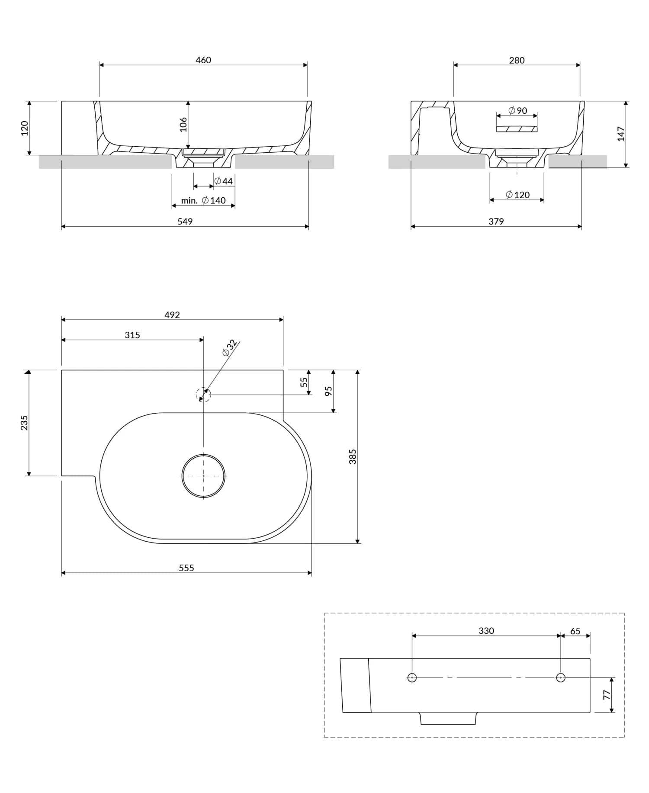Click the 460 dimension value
(x=203, y=60)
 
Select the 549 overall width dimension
(x=185, y=222)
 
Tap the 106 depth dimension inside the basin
(x=183, y=125)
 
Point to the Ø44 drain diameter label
(x=224, y=181)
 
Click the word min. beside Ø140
(x=189, y=200)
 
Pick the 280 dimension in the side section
(x=517, y=60)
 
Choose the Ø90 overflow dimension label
(x=517, y=111)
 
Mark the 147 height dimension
(x=621, y=134)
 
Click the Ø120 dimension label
(x=517, y=195)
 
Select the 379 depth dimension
(x=496, y=222)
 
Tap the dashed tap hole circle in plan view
(x=203, y=395)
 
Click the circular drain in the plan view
(x=203, y=476)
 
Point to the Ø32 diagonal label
(x=229, y=348)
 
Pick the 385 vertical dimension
(x=353, y=456)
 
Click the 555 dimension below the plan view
(x=186, y=568)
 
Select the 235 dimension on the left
(x=24, y=423)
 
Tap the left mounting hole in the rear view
(x=412, y=677)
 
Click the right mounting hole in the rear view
(x=561, y=677)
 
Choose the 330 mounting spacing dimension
(x=486, y=631)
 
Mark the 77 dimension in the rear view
(x=607, y=695)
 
